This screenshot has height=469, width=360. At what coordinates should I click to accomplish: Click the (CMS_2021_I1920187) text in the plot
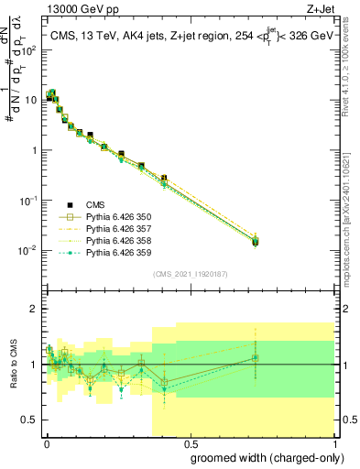pyautogui.click(x=190, y=274)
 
